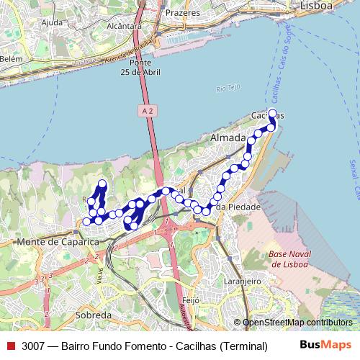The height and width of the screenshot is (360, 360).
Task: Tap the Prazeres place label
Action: click(x=181, y=12)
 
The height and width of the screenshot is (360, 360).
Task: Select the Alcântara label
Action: click(x=123, y=25)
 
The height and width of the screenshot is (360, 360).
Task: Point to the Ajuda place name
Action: click(x=53, y=22)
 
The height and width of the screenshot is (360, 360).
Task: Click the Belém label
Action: click(x=12, y=59)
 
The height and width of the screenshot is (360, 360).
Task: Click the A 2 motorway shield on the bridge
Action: click(x=148, y=110)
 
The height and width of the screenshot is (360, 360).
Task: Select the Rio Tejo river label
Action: click(x=226, y=89)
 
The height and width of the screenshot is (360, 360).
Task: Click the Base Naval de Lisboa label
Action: click(x=287, y=259)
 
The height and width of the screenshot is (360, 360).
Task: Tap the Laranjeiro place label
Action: click(x=242, y=281)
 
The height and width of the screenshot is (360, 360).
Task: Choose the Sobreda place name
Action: click(x=94, y=315)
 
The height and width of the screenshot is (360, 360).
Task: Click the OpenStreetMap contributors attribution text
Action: click(x=297, y=323)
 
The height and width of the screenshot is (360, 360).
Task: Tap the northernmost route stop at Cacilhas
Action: click(x=272, y=113)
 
